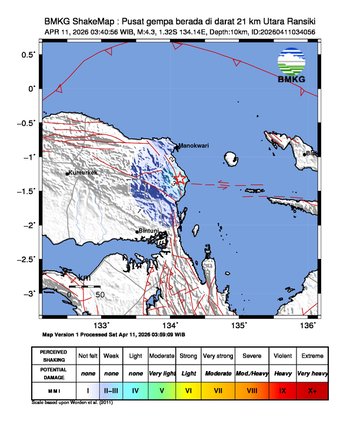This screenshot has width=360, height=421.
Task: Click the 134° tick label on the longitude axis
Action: (171, 324)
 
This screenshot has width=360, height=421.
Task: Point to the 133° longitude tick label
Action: (102, 324)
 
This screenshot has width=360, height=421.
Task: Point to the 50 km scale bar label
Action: (100, 295)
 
